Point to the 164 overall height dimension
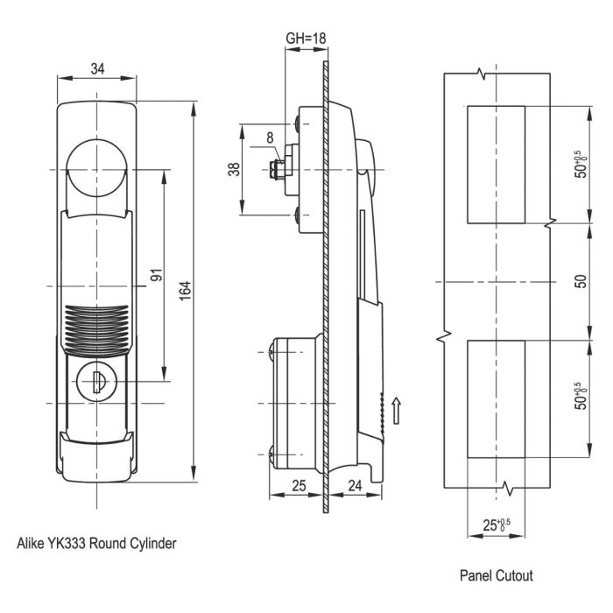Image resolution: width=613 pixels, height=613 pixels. click(185, 289)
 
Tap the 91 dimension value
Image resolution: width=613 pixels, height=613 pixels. click(157, 274)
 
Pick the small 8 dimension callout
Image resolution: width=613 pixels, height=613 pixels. click(270, 137)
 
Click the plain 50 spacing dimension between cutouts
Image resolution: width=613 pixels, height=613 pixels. click(580, 282)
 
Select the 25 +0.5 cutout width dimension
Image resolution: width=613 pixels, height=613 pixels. click(497, 526)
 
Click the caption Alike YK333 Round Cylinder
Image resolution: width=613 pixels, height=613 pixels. click(97, 543)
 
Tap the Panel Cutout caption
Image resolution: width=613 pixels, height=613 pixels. click(497, 575)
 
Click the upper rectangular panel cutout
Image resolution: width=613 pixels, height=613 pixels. click(496, 164)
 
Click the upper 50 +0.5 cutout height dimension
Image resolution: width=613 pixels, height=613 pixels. click(580, 164)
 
